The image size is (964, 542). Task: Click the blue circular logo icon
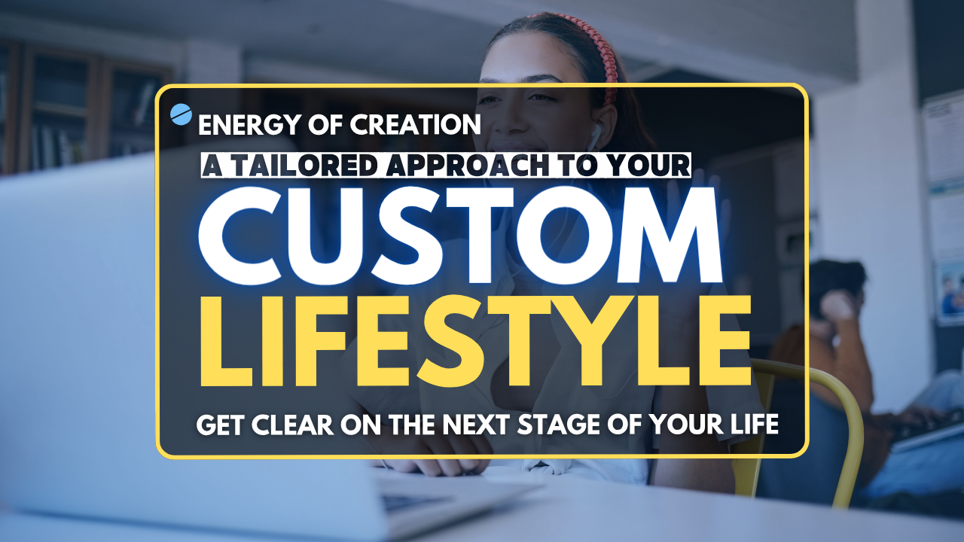(182, 114)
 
